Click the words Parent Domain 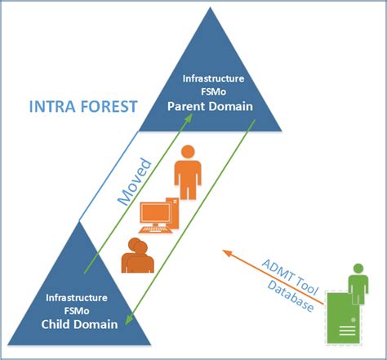pyautogui.click(x=212, y=107)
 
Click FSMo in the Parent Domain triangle pyautogui.click(x=212, y=92)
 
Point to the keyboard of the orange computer pyautogui.click(x=158, y=230)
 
